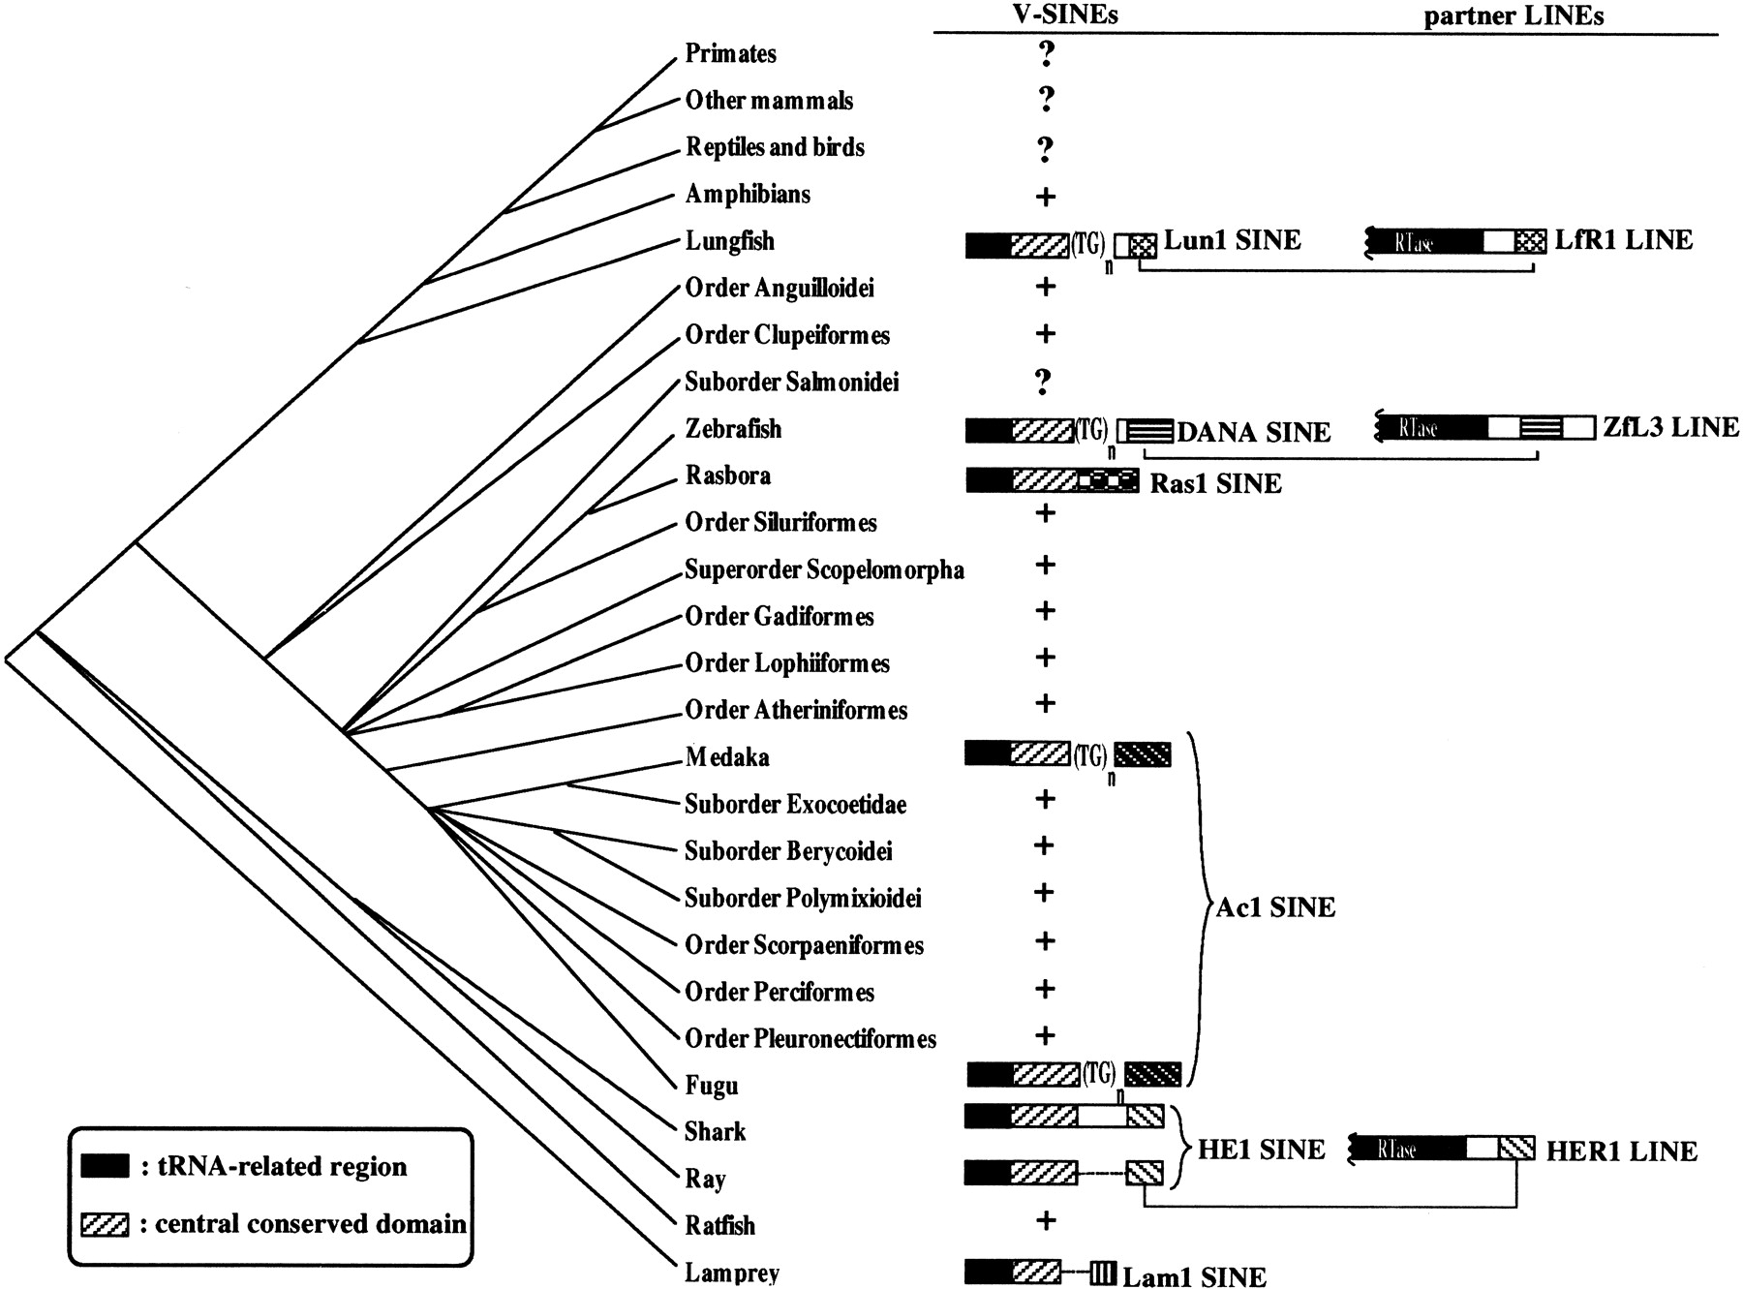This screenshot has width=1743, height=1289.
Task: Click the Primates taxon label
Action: pos(730,53)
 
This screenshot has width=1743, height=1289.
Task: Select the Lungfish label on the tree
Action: pos(729,240)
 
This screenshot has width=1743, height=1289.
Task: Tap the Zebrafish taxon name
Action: pos(732,428)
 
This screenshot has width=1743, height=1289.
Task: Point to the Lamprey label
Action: pos(731,1272)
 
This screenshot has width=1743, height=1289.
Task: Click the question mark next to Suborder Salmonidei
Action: pos(1043,382)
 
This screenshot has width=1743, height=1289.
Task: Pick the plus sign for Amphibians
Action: pos(1045,197)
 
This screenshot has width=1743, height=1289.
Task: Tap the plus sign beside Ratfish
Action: pos(1045,1220)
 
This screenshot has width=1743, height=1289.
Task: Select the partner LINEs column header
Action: pos(1513,15)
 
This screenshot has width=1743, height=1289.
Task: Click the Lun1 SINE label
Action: pos(1232,240)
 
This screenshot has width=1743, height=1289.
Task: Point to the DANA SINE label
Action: pos(1253,432)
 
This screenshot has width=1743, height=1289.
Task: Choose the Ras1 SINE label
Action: pos(1215,482)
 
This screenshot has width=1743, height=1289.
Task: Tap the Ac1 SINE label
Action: pos(1275,907)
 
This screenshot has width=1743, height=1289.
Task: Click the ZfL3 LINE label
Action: pos(1670,427)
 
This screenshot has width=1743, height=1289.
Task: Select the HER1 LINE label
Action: pos(1621,1151)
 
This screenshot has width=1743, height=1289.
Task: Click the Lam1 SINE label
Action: pos(1194,1276)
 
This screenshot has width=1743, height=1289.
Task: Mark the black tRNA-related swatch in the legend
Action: pos(105,1165)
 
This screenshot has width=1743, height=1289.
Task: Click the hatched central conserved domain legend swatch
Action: pos(105,1224)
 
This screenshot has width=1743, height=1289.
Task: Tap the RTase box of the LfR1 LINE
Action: pos(1423,242)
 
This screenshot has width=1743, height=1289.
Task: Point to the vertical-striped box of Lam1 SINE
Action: pos(1102,1273)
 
